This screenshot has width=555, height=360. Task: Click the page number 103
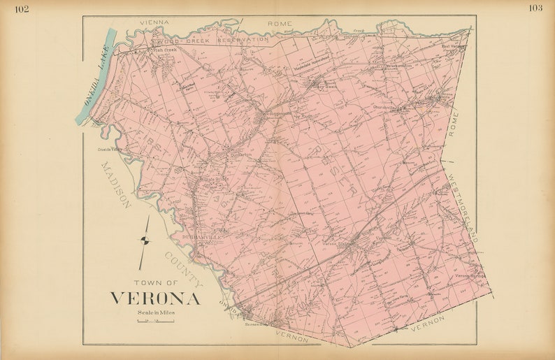[x=535, y=8]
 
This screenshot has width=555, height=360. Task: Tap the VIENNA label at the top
[x=154, y=22]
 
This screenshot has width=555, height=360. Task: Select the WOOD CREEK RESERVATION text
[x=210, y=40]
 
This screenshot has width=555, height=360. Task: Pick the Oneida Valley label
[x=109, y=148]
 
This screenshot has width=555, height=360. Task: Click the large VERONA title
[x=154, y=298]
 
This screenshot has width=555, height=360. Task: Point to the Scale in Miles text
[x=156, y=312]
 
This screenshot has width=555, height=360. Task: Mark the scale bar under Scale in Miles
[x=156, y=321]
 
